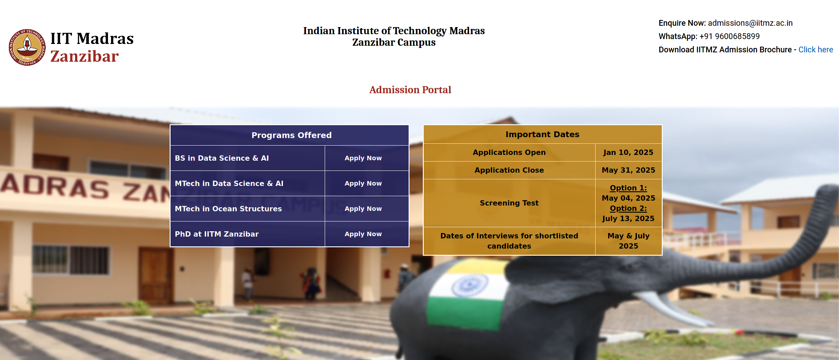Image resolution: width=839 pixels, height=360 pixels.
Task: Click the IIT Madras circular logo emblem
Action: click(27, 47)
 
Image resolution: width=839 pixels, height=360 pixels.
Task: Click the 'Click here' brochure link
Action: click(815, 50)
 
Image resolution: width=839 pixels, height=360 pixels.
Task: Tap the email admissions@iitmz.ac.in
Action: click(750, 23)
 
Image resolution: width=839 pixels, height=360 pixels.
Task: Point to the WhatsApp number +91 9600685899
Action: click(729, 36)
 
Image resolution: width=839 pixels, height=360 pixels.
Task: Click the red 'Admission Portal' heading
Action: click(410, 90)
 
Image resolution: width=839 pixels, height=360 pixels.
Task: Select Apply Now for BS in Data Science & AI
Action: click(363, 158)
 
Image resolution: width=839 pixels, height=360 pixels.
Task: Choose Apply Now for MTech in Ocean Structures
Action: click(363, 209)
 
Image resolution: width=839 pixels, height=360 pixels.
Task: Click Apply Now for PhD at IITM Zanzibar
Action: click(363, 234)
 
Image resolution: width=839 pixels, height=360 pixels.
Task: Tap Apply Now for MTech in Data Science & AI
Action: click(363, 183)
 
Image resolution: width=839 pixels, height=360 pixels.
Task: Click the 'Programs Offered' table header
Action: click(291, 135)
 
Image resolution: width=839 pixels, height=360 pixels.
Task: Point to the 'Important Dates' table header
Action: click(542, 135)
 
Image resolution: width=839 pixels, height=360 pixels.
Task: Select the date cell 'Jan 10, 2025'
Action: click(628, 152)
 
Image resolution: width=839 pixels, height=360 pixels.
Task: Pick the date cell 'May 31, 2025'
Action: click(628, 170)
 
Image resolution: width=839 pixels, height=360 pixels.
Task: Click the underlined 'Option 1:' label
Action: click(628, 188)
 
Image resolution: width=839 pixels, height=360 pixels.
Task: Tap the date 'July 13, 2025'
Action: click(628, 218)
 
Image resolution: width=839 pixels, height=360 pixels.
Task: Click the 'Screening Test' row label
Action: click(509, 203)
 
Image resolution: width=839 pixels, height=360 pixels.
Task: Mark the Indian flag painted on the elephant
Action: click(466, 294)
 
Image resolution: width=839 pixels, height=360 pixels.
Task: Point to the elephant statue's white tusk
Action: click(666, 307)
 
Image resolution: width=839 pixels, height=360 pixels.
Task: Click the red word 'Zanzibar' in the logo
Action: click(84, 56)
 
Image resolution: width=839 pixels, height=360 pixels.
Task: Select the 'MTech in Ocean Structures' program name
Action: click(228, 209)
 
